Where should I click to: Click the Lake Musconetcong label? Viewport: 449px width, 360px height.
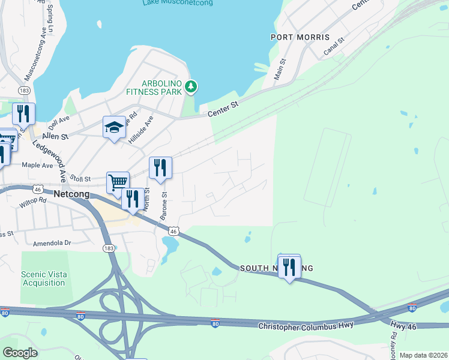tap(178, 3)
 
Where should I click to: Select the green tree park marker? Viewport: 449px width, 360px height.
tap(191, 88)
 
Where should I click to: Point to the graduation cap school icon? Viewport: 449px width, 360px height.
tap(114, 128)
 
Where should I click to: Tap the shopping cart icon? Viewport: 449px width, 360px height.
tap(118, 182)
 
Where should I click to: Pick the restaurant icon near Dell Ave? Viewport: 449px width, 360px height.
tap(23, 114)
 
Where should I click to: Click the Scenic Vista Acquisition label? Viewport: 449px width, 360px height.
tap(44, 278)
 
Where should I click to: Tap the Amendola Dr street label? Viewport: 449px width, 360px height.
tap(52, 243)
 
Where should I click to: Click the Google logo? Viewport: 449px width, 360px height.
tap(20, 353)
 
